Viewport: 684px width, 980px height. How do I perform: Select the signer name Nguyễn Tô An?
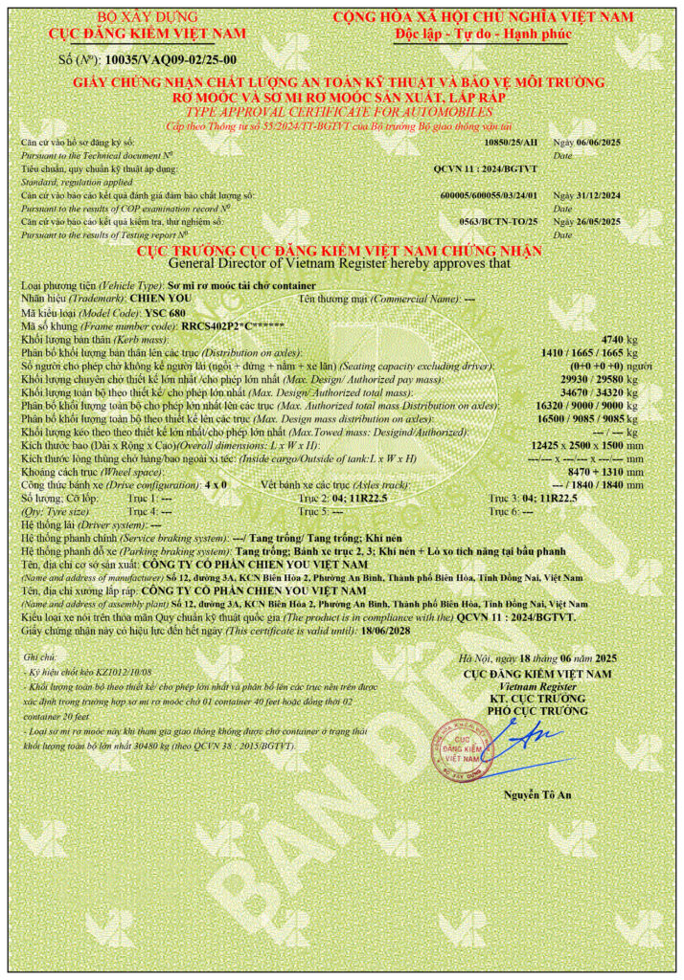click(x=536, y=795)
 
